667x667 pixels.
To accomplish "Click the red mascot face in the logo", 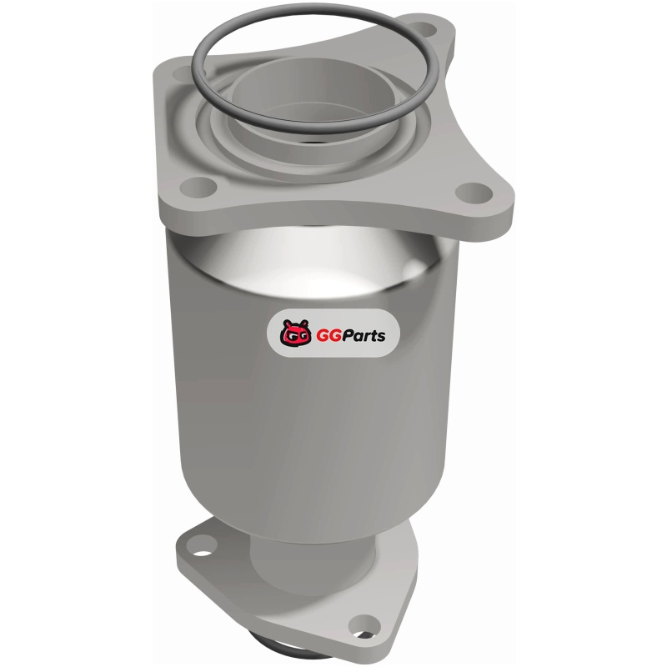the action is pyautogui.click(x=295, y=333).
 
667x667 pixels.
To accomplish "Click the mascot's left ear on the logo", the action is pyautogui.click(x=287, y=323).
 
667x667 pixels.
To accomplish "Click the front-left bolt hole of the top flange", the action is pyautogui.click(x=198, y=187).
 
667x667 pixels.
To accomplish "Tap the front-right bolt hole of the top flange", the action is pyautogui.click(x=474, y=193).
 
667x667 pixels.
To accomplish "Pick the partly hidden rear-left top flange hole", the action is pyautogui.click(x=183, y=73).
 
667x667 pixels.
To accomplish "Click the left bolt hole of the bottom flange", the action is pyautogui.click(x=202, y=545).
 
